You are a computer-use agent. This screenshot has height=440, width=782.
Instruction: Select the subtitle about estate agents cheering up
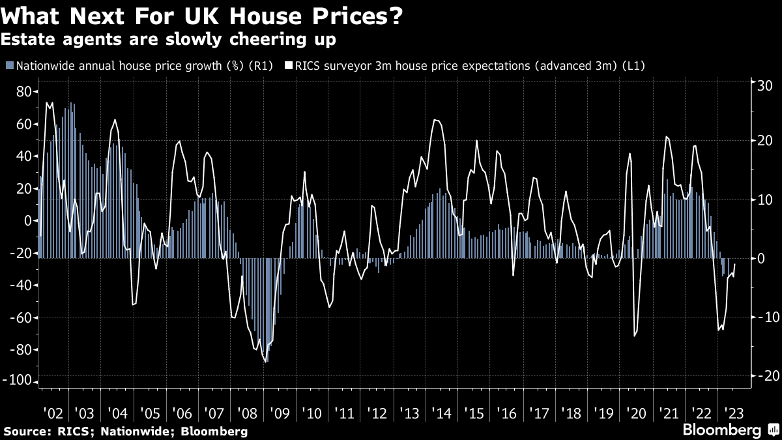click(x=169, y=40)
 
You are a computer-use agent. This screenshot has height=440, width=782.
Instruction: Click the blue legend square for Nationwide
click(x=8, y=66)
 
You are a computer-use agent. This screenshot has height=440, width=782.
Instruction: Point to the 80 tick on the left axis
click(x=24, y=92)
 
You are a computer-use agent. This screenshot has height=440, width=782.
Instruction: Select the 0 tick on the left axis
click(x=29, y=221)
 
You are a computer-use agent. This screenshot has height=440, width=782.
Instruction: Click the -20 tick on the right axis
click(x=762, y=376)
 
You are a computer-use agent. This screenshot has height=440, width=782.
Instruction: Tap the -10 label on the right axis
click(x=762, y=317)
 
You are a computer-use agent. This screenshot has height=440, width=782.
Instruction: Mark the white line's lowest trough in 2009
click(x=266, y=362)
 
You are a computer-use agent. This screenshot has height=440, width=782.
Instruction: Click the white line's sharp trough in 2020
click(x=634, y=336)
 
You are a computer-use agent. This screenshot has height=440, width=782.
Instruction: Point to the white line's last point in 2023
click(x=735, y=264)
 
